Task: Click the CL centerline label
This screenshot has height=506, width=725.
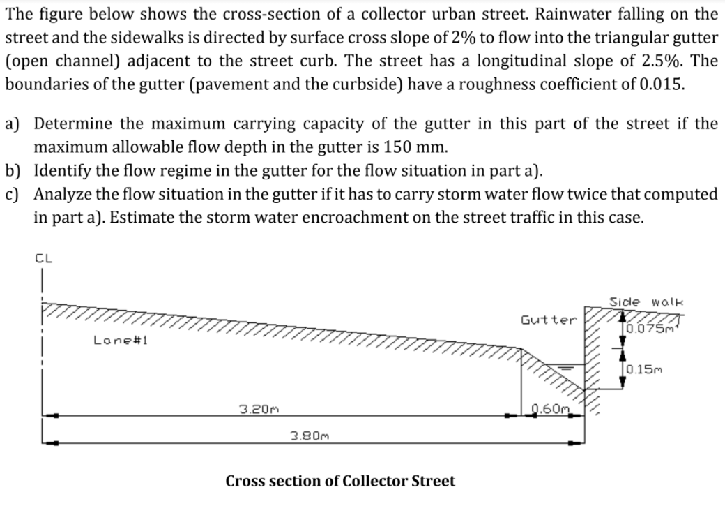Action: point(43,258)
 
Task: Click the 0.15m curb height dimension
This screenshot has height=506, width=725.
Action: point(645,370)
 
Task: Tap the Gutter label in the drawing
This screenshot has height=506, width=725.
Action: point(549,320)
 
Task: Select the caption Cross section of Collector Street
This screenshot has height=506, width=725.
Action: point(340,481)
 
